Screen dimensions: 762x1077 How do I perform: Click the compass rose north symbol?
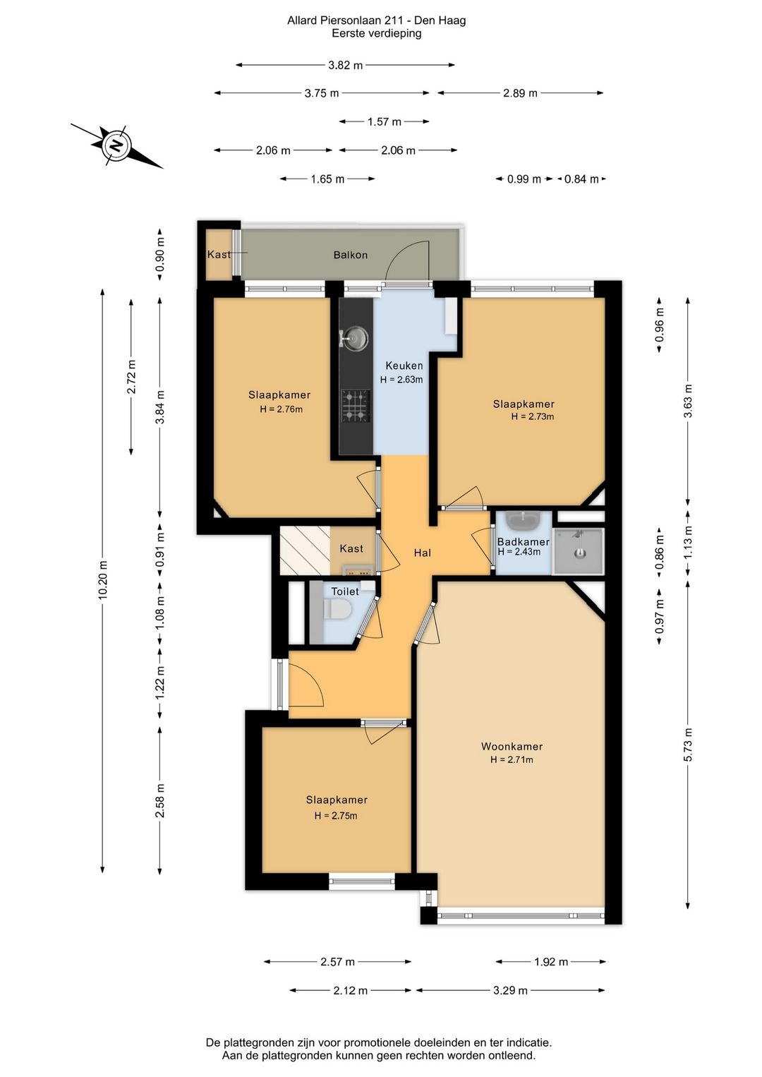pos(116,145)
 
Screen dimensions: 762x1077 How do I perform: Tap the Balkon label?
pos(351,255)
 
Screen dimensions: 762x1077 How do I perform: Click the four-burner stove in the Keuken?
pos(356,406)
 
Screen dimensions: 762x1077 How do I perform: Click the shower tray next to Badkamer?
pos(579,551)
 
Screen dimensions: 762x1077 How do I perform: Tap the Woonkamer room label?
pos(512,746)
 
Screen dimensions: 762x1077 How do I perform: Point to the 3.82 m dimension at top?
pos(345,65)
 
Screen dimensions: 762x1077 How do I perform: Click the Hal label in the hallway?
pos(422,553)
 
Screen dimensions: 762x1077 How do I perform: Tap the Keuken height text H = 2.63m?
pos(401,380)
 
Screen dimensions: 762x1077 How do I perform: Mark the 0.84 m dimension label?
pos(581,179)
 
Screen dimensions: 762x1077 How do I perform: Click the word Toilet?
pos(345,591)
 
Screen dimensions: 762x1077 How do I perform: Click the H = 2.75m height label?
pos(336,815)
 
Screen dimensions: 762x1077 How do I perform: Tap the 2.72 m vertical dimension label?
pos(131,376)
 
